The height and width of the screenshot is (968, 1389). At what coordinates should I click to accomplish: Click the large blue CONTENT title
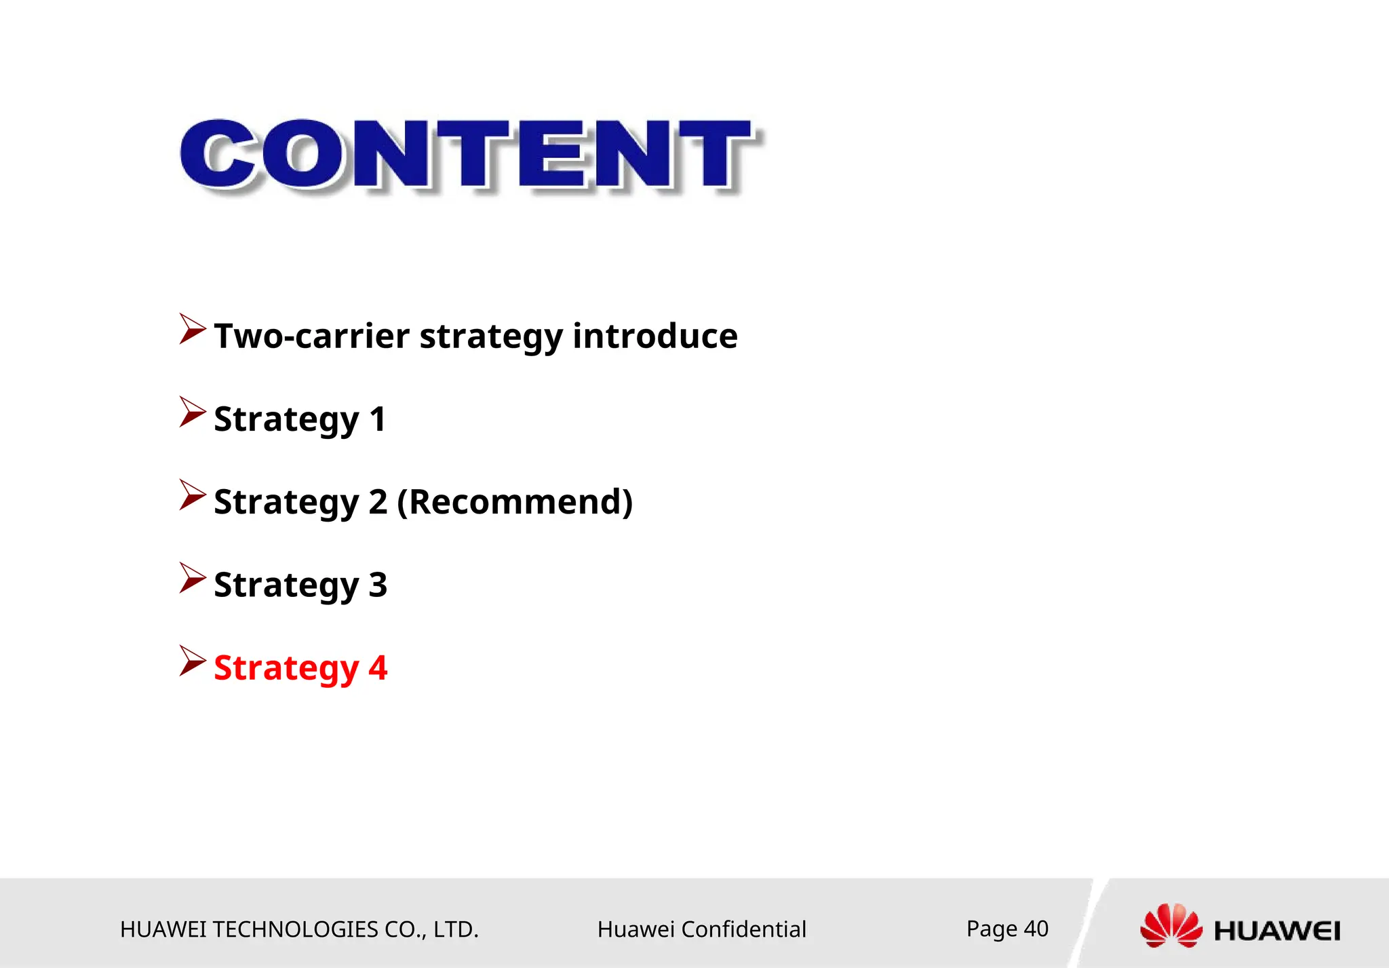(468, 155)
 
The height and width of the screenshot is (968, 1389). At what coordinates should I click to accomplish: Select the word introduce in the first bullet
(654, 336)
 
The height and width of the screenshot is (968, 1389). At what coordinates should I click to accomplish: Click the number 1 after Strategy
(378, 419)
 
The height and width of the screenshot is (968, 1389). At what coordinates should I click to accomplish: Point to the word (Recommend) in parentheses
(515, 502)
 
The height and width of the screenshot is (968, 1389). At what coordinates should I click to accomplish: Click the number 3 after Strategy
(378, 585)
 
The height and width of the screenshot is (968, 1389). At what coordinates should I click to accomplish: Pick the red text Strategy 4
(300, 668)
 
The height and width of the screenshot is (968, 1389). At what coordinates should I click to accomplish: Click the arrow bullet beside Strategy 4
(192, 661)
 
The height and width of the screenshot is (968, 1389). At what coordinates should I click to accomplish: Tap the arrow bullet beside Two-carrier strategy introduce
(192, 329)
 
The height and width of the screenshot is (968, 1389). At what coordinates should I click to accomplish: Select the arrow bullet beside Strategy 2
(192, 495)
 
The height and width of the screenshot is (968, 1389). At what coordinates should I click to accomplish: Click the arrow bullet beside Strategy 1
(192, 412)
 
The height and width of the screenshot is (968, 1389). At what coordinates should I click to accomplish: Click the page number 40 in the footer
(1036, 928)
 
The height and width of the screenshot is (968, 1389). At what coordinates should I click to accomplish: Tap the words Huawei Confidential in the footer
(701, 929)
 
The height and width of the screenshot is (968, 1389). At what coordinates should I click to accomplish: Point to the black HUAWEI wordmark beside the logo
(1276, 931)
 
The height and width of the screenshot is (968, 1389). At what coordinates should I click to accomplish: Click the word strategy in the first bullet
(491, 336)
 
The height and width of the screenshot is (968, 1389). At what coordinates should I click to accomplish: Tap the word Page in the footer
(992, 929)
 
